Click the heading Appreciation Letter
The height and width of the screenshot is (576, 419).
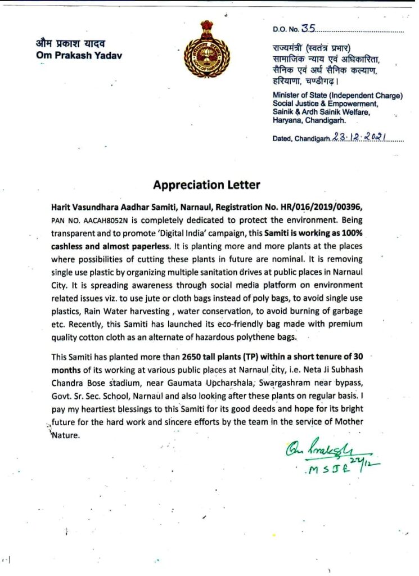(x=206, y=184)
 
